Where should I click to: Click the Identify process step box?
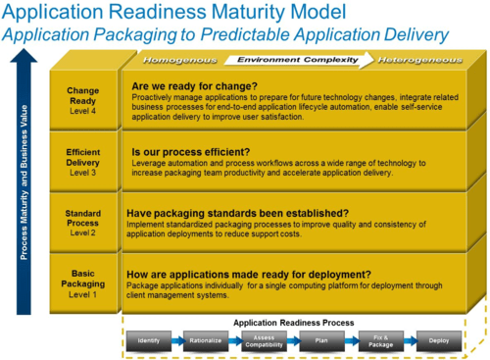pos(148,340)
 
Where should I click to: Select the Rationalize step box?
pos(205,340)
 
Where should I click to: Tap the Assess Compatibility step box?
pos(260,340)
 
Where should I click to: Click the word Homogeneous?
pos(172,59)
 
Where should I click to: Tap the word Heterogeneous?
pos(420,59)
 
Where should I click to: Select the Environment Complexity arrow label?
pos(294,59)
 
